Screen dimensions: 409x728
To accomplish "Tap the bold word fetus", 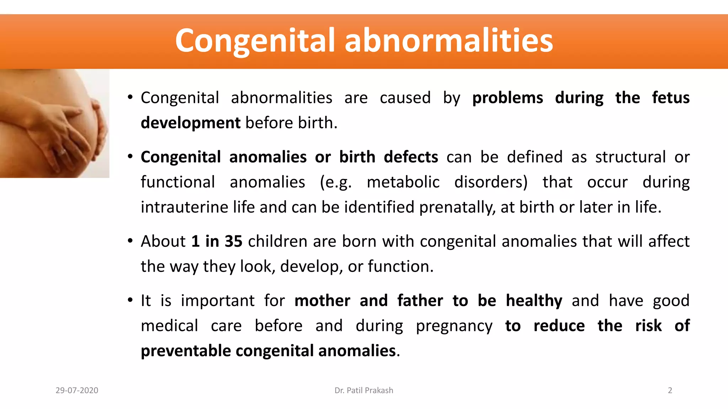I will (x=671, y=98).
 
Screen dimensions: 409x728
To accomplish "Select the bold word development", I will (x=191, y=123).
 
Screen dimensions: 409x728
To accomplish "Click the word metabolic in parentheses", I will (x=403, y=182).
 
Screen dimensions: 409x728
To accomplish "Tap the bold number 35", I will (x=233, y=241).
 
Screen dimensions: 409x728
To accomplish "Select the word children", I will (x=278, y=241).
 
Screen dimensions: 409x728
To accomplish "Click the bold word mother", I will (x=322, y=301).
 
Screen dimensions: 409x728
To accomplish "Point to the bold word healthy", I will (x=534, y=301).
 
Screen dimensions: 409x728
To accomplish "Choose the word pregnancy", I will (x=454, y=326).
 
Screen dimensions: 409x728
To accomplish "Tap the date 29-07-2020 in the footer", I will (x=77, y=391).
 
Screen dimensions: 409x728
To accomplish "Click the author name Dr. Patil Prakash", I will (x=364, y=391).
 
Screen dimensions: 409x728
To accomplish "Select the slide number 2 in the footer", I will (x=670, y=391).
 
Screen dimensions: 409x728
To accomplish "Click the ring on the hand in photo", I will (x=63, y=152).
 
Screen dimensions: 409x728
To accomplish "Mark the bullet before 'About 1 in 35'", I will (x=130, y=241).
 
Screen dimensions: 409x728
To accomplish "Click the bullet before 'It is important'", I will (x=130, y=300).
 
